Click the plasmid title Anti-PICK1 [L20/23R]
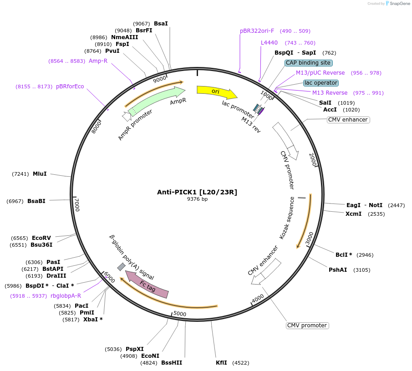pyautogui.click(x=197, y=192)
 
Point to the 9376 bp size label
pyautogui.click(x=197, y=199)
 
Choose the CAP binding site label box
pyautogui.click(x=309, y=63)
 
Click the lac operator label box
pyautogui.click(x=321, y=83)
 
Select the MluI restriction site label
pyautogui.click(x=40, y=174)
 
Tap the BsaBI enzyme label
pyautogui.click(x=36, y=201)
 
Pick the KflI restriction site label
pyautogui.click(x=222, y=363)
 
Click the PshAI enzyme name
pyautogui.click(x=338, y=270)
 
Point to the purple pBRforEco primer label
pyautogui.click(x=70, y=86)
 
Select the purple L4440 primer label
pyautogui.click(x=269, y=43)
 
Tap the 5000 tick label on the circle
pyautogui.click(x=180, y=314)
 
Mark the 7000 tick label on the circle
pyautogui.click(x=77, y=204)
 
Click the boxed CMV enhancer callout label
pyautogui.click(x=348, y=120)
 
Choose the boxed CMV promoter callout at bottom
pyautogui.click(x=307, y=325)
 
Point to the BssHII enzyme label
pyautogui.click(x=172, y=363)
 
